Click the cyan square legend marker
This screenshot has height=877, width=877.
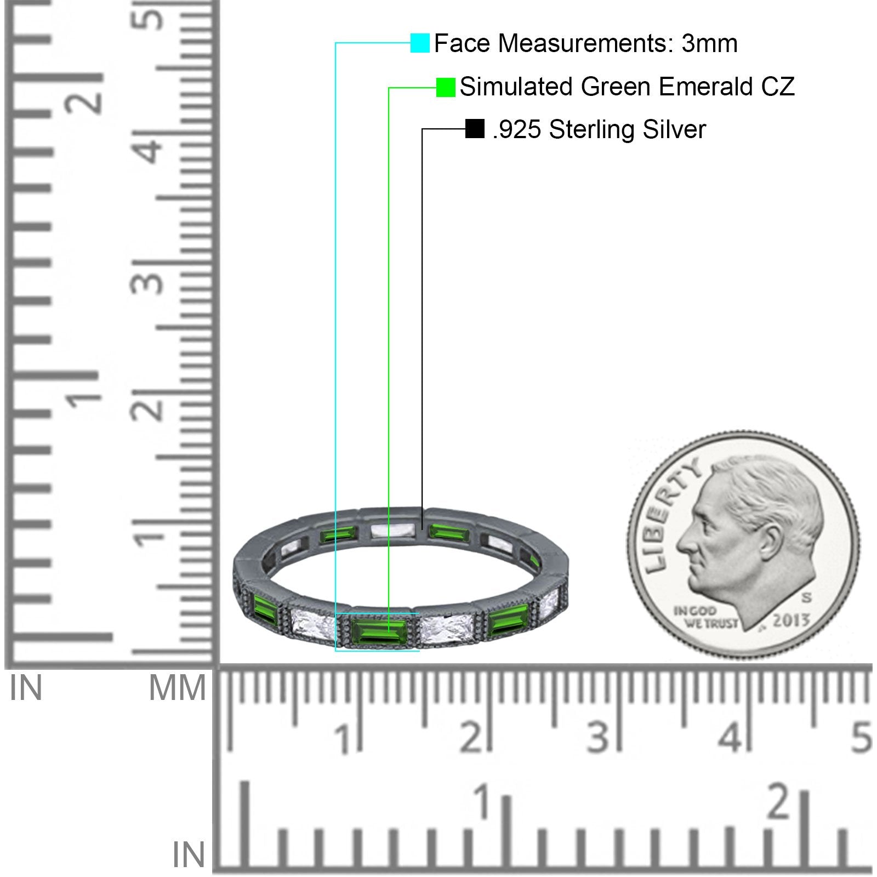[420, 43]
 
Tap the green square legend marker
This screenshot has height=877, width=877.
[446, 87]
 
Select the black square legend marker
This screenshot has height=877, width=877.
[475, 129]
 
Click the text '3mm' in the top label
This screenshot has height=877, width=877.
[710, 43]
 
